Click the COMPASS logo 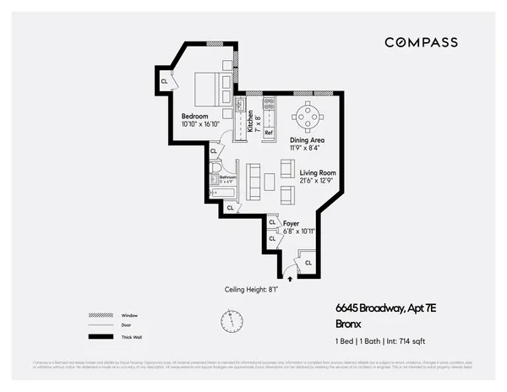pos(421,42)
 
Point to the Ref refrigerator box pos(269,133)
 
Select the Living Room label pos(319,175)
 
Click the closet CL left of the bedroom pos(164,81)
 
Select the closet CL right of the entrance pos(308,263)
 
